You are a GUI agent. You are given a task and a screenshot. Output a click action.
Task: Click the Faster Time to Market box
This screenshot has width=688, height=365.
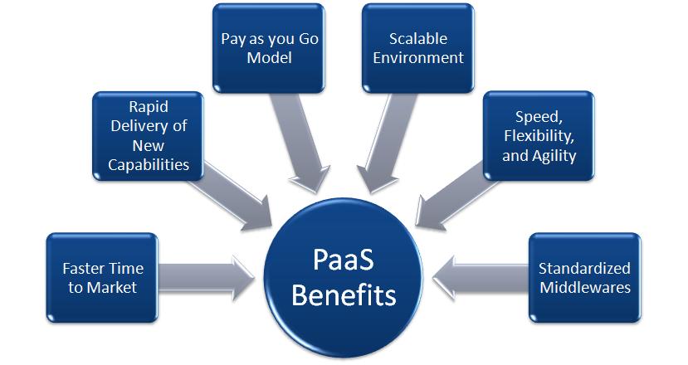click(x=103, y=278)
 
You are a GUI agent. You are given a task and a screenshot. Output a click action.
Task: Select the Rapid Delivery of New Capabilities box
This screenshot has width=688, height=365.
click(x=148, y=136)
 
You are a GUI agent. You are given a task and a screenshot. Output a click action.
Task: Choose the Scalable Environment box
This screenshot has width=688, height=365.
click(x=417, y=48)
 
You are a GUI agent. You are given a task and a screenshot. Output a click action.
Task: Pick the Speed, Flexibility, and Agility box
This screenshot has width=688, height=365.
click(x=539, y=136)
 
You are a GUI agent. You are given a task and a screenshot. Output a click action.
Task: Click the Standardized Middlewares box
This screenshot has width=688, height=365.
click(x=584, y=278)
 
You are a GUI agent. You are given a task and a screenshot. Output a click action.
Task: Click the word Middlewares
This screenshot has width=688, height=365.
click(x=584, y=288)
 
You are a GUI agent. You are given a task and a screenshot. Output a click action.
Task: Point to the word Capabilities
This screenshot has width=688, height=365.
click(x=149, y=164)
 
